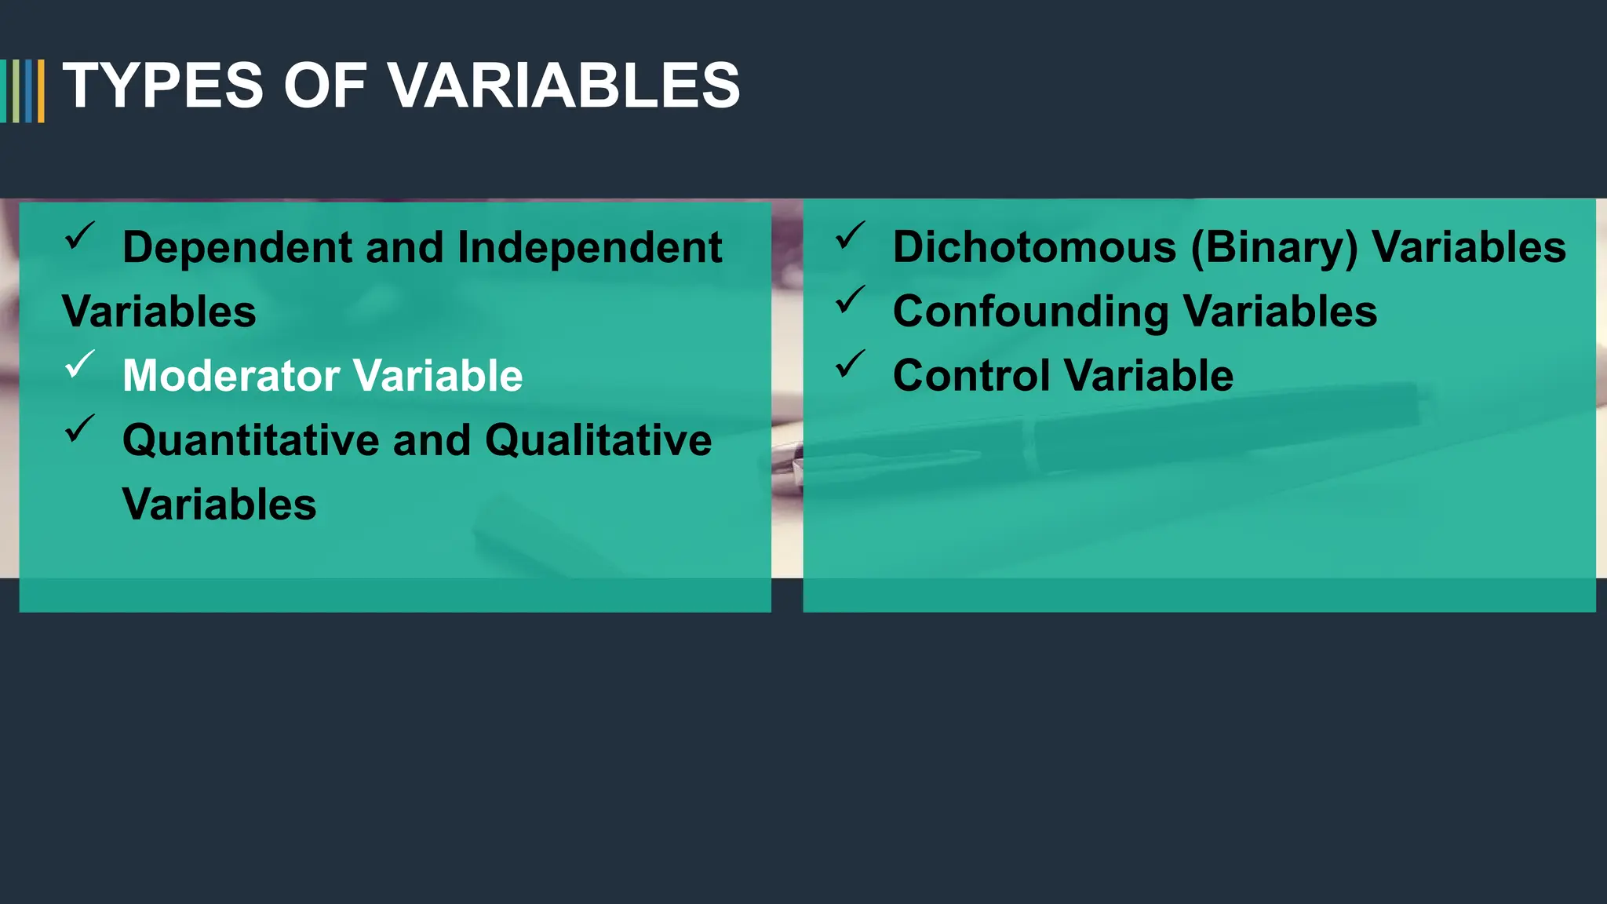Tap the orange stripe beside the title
41,91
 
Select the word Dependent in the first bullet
237,247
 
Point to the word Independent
589,247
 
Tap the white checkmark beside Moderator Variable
79,364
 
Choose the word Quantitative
250,439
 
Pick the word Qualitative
598,439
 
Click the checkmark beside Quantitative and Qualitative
79,428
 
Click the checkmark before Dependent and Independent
79,235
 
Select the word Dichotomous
1034,247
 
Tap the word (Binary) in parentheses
1274,247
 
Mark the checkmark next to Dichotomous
850,235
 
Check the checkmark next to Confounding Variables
850,300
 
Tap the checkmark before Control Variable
850,364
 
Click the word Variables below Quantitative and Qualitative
219,504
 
